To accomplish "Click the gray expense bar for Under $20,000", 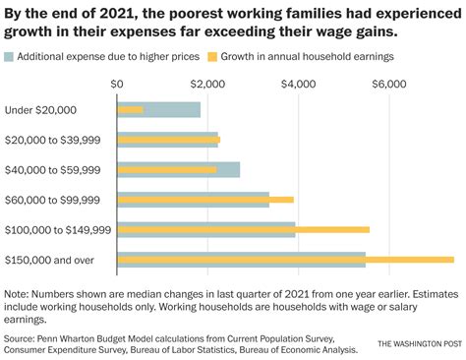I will pos(158,104).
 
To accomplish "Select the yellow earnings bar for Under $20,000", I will pos(130,110).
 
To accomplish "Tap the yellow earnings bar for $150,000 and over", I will pos(285,260).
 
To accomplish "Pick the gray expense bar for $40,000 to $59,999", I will pos(178,164).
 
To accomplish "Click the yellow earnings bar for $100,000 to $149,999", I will pos(243,229).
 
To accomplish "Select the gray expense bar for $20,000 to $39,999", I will pos(167,135).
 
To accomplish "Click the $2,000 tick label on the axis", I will pos(207,85).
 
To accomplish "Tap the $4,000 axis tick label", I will pos(298,85).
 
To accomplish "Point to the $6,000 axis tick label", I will pos(387,85).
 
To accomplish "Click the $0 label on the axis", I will pos(118,85).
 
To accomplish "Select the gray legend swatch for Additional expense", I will pos(10,57).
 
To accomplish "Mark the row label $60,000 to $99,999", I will pos(52,200).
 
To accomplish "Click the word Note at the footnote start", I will pos(17,293).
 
